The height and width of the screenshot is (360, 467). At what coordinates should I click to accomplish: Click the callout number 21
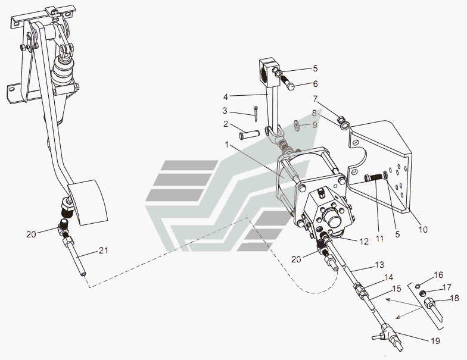tap(104, 251)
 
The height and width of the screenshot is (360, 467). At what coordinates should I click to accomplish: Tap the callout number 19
tap(435, 340)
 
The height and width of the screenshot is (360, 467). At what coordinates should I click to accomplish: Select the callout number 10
tap(423, 230)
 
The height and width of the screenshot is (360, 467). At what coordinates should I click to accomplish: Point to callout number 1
tap(227, 145)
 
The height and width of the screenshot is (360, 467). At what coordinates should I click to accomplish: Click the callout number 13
tap(379, 264)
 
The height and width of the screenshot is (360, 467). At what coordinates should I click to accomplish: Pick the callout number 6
tap(315, 84)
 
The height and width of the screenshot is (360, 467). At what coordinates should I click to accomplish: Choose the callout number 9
tap(315, 125)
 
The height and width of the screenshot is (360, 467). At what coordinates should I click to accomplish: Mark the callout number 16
tap(438, 275)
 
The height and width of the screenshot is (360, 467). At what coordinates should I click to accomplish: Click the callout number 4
tap(225, 97)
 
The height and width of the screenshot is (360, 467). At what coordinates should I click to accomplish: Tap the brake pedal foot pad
tap(88, 202)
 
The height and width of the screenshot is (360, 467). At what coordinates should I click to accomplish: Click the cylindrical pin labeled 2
tap(249, 134)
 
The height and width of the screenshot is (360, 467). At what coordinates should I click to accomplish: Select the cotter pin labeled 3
tap(256, 114)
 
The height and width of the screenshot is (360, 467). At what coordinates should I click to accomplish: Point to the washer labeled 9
tap(297, 125)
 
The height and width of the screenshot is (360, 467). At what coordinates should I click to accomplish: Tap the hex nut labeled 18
tap(429, 303)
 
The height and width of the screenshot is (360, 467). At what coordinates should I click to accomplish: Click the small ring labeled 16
tap(418, 286)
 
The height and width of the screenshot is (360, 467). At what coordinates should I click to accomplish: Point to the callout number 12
tap(363, 242)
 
